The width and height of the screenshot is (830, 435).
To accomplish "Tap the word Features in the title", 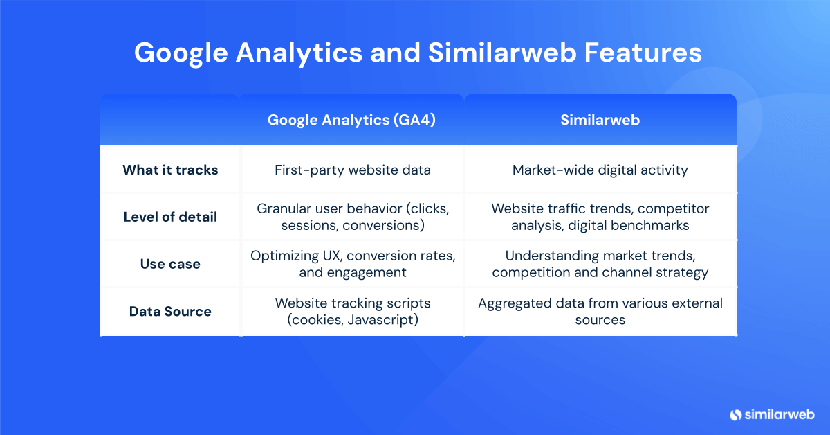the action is coord(643,53).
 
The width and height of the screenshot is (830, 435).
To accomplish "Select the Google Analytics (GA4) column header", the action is coord(351,121).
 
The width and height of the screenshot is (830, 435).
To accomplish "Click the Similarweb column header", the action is coord(600,120).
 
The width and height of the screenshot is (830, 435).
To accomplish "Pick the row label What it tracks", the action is coord(170,170).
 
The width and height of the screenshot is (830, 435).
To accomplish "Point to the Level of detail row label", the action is coord(170,217).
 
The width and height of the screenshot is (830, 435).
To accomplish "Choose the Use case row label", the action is coord(170,264).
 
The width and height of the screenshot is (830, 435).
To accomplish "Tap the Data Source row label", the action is coord(170,312).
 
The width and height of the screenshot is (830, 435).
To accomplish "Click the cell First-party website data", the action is coord(352,170).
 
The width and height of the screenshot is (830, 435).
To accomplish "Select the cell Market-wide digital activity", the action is coord(600,170).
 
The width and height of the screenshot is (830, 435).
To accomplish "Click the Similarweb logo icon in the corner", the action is coord(735,415).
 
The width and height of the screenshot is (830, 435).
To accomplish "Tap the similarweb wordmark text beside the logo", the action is coord(780,415).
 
